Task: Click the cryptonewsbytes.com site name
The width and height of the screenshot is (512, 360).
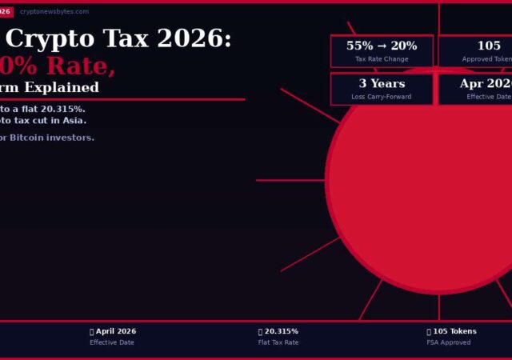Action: pos(54,12)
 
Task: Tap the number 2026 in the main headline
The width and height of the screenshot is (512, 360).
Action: pos(201,38)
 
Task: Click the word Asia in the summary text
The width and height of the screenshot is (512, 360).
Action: pos(74,121)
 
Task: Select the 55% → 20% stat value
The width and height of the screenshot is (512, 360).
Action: pos(382,46)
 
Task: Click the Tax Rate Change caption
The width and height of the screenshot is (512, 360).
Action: pos(382,59)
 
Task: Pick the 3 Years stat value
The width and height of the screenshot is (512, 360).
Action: pos(382,84)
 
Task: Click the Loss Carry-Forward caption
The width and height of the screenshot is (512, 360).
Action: pos(382,97)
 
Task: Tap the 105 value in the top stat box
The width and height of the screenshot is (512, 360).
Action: pos(489,46)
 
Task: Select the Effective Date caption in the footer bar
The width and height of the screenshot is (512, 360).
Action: pos(112,342)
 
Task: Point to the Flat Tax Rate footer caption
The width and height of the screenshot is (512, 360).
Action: pos(278,342)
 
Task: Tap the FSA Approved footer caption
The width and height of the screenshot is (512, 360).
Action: pos(449,342)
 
